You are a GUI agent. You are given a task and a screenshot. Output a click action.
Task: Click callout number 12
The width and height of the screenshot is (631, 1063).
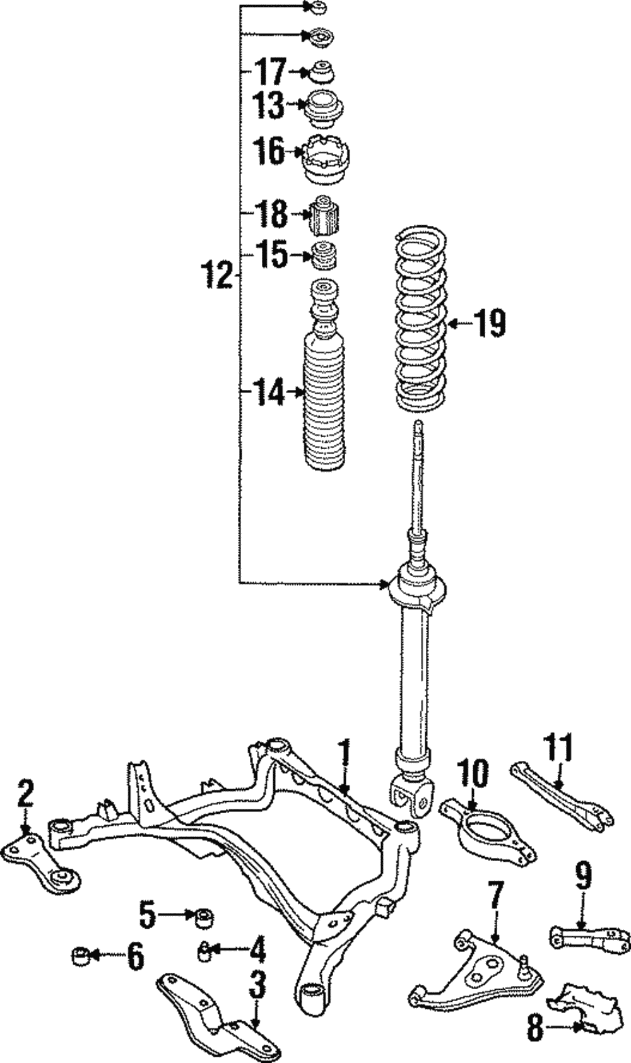pos(217,276)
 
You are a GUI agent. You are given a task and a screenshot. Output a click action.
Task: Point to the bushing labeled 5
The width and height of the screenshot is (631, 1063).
pos(203,917)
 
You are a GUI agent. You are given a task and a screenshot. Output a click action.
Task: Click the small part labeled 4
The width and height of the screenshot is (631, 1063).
pos(205,952)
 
